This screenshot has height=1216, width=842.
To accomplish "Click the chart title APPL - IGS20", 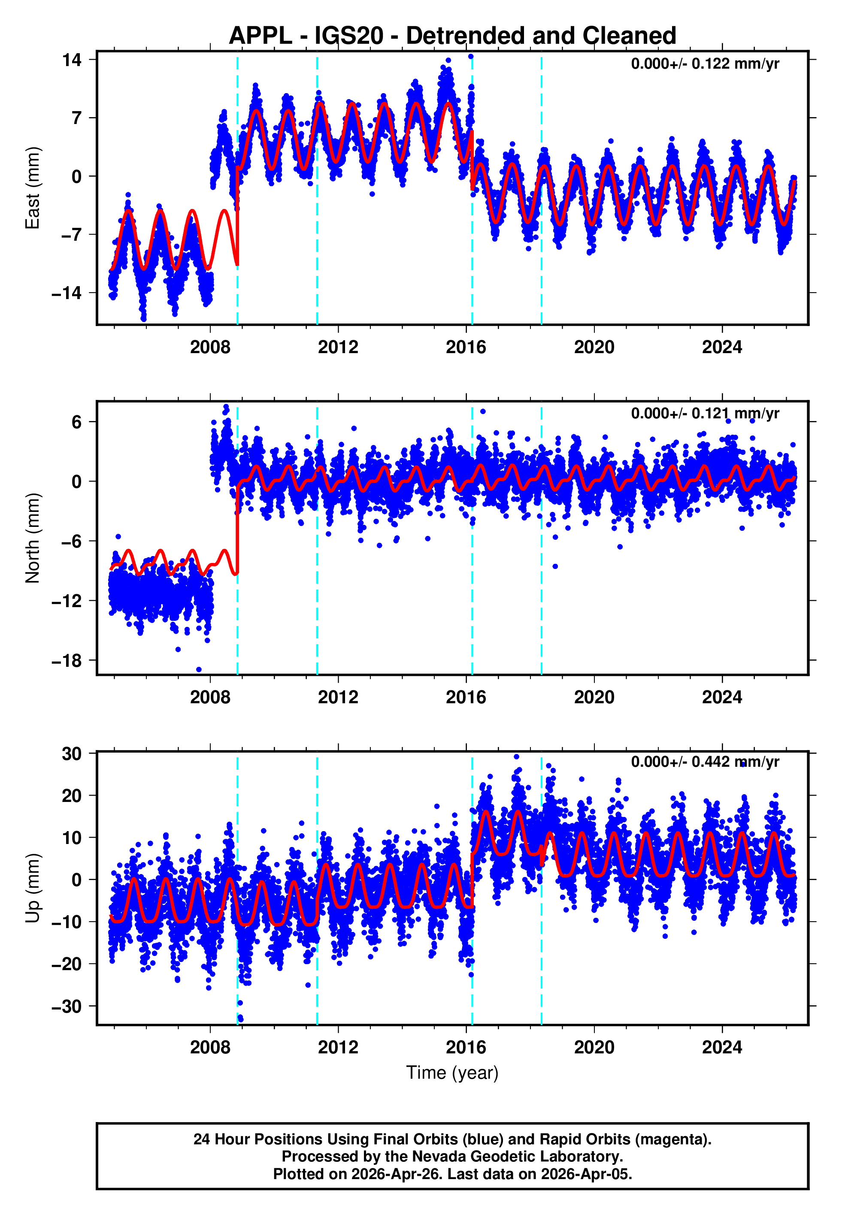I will click(452, 36).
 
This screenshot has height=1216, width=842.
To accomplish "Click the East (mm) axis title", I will click(32, 188).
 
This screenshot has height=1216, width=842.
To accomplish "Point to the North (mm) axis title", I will click(32, 538).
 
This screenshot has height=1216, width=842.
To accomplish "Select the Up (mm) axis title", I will click(32, 888).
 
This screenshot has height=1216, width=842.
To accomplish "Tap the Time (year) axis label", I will click(452, 1073).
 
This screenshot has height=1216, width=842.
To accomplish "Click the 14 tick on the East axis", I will click(72, 60).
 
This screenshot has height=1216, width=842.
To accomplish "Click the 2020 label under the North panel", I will click(594, 697).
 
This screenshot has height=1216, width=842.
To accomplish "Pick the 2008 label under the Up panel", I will click(210, 1047).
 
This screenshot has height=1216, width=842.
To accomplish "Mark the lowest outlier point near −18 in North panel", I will click(199, 670).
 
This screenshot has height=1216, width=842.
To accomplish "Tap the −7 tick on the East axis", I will click(72, 234).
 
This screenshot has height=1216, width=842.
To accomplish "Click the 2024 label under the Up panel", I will click(722, 1047).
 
